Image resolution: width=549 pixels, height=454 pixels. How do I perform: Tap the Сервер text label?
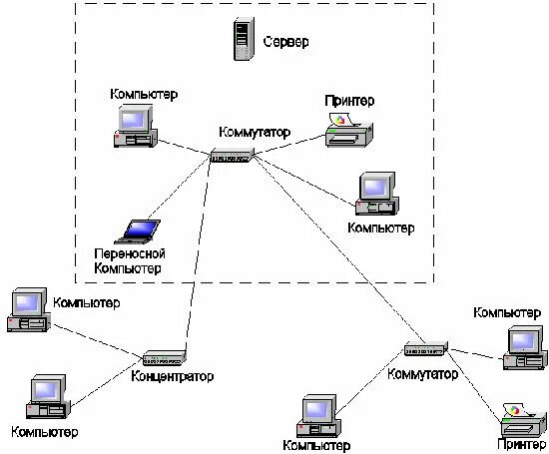(286, 43)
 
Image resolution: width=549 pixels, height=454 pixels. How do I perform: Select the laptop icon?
(137, 230)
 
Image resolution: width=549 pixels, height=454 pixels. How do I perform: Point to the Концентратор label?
(172, 376)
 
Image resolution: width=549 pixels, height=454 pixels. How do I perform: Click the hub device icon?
(164, 357)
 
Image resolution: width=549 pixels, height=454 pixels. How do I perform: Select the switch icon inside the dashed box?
(233, 156)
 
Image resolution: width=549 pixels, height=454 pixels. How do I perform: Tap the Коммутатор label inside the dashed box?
(257, 132)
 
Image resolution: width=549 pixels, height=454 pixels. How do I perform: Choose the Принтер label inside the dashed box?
(349, 101)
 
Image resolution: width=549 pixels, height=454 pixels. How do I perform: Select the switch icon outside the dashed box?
(426, 350)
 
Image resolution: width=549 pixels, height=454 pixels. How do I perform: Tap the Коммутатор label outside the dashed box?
(423, 374)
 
